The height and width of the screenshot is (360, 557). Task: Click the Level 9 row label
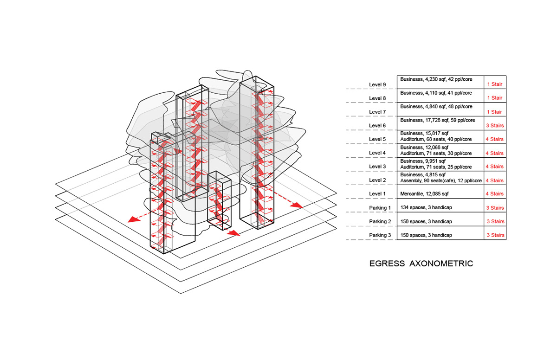point(377,84)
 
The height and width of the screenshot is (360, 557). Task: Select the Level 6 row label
point(377,126)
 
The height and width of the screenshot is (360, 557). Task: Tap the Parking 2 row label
point(380,221)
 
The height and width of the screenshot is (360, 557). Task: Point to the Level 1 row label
point(377,194)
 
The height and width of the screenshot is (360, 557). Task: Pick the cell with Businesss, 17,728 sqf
point(438,120)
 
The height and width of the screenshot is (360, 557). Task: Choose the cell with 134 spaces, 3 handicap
point(426,207)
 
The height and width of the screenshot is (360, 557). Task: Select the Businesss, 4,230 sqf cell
point(436,79)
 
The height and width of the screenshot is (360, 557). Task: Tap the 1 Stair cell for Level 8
point(495,98)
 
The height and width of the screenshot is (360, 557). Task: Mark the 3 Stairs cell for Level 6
point(495,125)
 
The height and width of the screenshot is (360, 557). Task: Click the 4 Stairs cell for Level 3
point(495,166)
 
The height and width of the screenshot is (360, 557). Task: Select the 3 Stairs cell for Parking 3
point(495,235)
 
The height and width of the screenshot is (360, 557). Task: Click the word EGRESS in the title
point(387,264)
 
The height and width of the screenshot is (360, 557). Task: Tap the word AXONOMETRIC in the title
point(441,264)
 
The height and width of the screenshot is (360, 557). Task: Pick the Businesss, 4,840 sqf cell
point(436,107)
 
